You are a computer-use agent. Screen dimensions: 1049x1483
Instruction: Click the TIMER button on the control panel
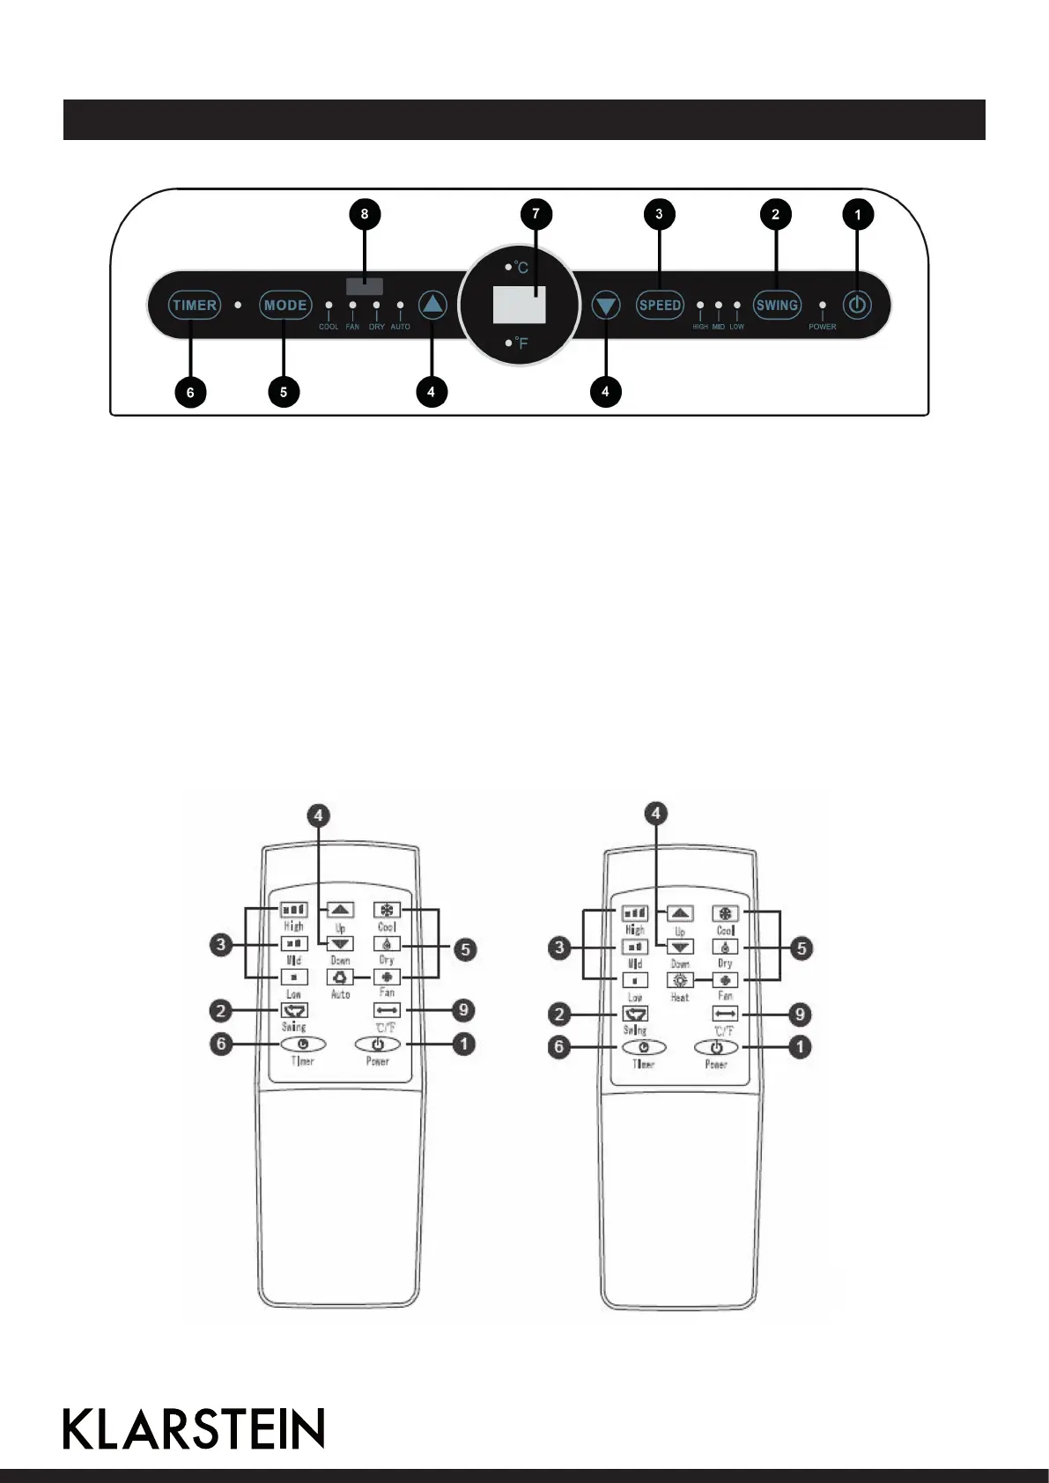[195, 306]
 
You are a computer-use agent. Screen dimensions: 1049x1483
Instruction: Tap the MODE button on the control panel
[285, 306]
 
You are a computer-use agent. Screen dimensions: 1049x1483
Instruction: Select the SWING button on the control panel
[777, 306]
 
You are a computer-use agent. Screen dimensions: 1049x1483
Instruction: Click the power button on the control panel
[857, 306]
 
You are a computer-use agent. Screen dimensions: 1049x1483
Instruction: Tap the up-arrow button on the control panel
[432, 306]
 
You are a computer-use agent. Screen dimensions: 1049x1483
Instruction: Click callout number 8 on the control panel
[365, 214]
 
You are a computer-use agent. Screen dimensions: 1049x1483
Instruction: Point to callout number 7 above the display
[536, 214]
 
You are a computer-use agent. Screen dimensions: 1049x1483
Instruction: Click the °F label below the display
[521, 343]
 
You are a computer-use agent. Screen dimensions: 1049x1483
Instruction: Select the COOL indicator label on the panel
[329, 327]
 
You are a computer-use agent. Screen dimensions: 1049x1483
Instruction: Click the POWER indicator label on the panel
[823, 327]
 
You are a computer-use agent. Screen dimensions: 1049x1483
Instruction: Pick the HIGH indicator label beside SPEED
[700, 327]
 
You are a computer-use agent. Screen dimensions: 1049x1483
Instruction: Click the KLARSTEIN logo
[194, 1428]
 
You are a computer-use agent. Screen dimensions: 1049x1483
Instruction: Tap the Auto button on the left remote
[341, 978]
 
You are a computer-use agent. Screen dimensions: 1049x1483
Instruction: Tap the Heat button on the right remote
[680, 980]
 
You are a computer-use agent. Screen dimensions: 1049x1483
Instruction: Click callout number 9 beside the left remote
[462, 1011]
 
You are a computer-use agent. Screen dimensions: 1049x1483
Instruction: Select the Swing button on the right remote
[635, 1014]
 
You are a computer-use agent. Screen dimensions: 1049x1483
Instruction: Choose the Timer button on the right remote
[644, 1048]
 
